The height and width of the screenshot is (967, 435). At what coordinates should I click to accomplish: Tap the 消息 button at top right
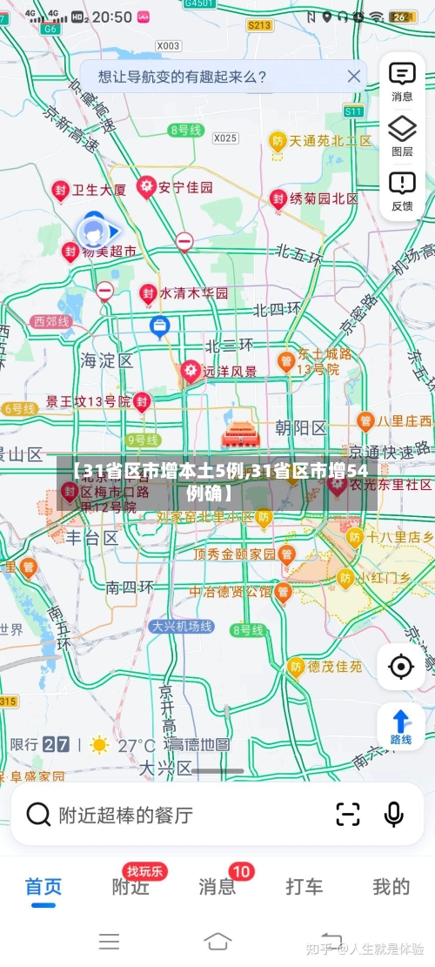(x=402, y=81)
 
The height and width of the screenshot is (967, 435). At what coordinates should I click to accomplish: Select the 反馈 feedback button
(x=402, y=190)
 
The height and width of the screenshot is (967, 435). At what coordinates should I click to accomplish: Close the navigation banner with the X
(x=353, y=77)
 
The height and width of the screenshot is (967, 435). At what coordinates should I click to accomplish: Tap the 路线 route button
(x=400, y=727)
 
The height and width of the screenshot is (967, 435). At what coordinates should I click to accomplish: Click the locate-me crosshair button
(x=400, y=667)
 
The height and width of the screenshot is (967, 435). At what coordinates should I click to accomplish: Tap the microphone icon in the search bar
(x=393, y=815)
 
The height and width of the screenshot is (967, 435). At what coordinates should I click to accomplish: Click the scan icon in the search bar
(x=347, y=815)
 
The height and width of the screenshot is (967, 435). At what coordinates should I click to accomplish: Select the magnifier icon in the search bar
(x=38, y=815)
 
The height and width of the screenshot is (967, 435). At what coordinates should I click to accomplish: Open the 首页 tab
(x=43, y=888)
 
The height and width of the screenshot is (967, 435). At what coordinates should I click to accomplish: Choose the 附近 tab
(x=130, y=888)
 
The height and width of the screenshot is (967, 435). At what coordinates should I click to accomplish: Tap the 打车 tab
(x=304, y=888)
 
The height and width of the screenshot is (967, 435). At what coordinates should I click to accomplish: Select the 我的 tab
(x=391, y=888)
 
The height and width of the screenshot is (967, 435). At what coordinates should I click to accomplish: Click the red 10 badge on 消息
(x=241, y=871)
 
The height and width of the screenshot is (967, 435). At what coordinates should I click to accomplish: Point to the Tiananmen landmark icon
(x=236, y=434)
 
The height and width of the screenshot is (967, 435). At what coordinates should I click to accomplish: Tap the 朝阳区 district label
(x=300, y=428)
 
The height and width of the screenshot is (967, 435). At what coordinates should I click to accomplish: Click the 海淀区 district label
(x=107, y=359)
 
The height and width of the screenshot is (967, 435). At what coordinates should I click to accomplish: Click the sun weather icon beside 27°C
(x=99, y=745)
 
